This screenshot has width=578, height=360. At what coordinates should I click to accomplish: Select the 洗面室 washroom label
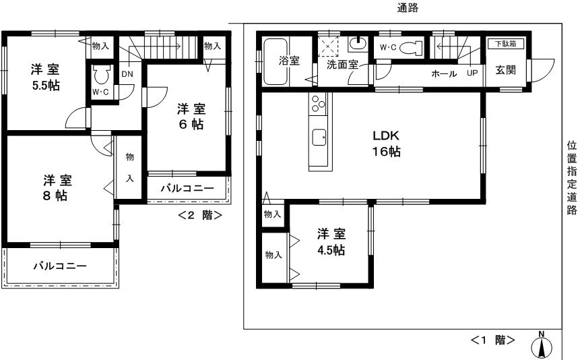342,65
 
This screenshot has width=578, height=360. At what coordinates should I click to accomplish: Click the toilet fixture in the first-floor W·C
414,47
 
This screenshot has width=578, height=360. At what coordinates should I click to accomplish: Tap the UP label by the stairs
472,73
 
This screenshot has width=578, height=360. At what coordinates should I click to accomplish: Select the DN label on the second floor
127,74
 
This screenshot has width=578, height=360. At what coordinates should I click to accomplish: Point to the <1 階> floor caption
493,340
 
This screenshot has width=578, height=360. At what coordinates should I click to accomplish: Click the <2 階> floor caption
199,216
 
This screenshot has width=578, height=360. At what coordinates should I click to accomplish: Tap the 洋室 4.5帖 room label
331,242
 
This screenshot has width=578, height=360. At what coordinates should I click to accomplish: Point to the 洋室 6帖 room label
191,117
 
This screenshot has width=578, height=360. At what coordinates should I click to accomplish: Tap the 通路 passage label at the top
408,8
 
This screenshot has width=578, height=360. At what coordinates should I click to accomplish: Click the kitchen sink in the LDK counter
318,138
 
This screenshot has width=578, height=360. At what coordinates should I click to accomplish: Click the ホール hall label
444,73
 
